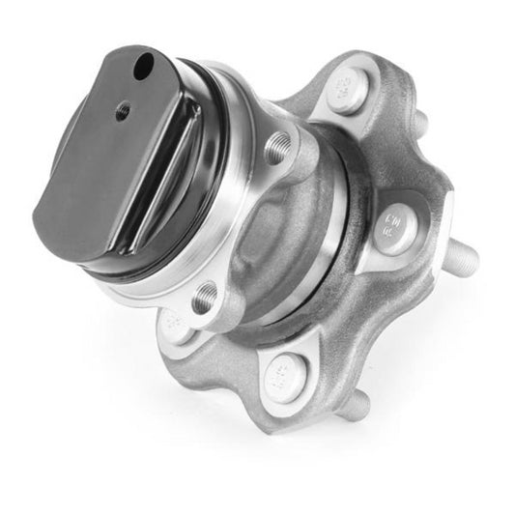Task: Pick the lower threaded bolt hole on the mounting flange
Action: tap(204, 300)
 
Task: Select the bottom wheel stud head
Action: tap(285, 370)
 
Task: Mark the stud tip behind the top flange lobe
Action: tap(421, 123)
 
